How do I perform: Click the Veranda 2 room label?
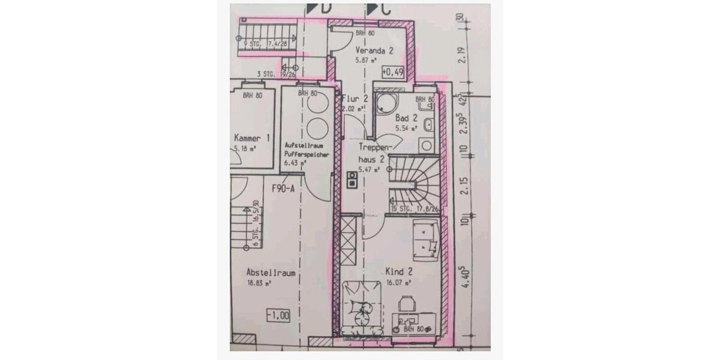374,51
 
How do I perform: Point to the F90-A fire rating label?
283,188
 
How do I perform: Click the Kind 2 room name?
398,272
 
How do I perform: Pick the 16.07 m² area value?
398,281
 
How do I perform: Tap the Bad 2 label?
406,119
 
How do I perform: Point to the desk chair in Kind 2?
407,304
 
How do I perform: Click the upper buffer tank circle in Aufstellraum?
316,102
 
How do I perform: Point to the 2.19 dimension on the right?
462,55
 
